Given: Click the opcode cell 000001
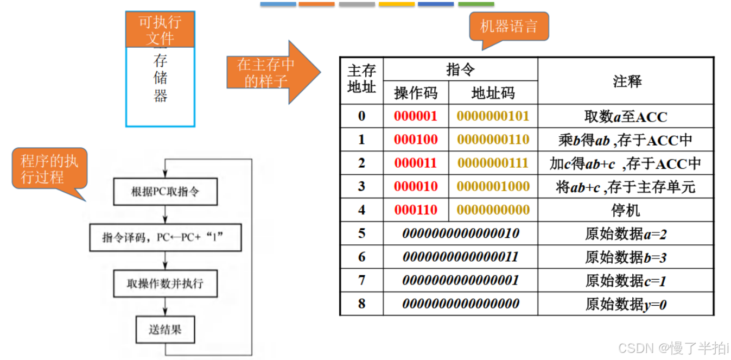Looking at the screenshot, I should tap(416, 116).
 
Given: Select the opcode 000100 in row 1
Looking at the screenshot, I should tap(416, 140).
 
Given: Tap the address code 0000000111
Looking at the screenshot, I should tap(493, 163).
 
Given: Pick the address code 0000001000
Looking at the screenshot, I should tap(493, 186).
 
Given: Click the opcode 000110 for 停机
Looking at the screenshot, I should tap(416, 210).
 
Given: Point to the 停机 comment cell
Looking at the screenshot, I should tap(625, 210).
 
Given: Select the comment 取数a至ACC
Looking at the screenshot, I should tap(625, 116).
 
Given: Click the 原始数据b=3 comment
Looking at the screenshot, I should tap(625, 257).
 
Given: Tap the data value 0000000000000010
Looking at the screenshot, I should tap(460, 233).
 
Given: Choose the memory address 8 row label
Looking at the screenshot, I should tap(361, 304).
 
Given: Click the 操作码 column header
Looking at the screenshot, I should tap(416, 93).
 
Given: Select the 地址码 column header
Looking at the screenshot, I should tap(493, 93).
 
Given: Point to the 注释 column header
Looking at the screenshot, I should tap(625, 81).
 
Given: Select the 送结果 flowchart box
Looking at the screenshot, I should tap(165, 330).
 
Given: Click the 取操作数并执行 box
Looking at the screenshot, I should tap(165, 284).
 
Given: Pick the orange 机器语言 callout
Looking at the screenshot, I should tap(508, 27).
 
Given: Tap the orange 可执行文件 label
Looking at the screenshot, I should tap(160, 30).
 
